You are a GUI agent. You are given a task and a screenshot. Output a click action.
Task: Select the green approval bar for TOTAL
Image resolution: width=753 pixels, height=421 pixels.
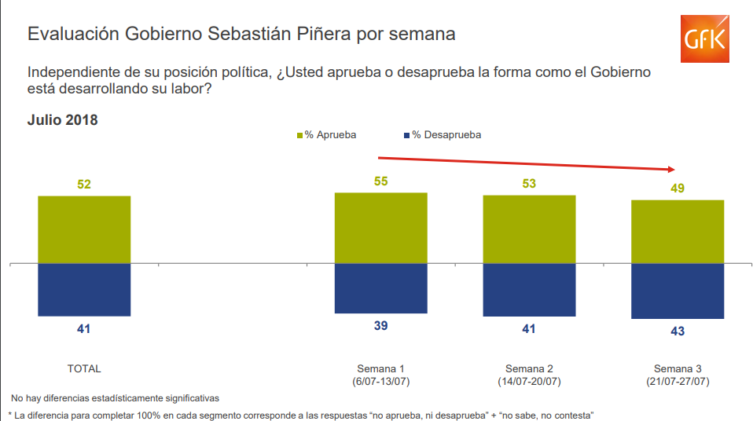click(84, 229)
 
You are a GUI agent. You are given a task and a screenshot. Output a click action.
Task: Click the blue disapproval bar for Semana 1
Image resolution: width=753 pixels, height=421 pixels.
click(380, 288)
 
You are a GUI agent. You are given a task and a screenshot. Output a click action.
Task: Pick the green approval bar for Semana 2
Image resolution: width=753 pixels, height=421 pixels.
click(529, 229)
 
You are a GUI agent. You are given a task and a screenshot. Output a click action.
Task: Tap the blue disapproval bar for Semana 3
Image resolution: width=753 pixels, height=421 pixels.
click(678, 291)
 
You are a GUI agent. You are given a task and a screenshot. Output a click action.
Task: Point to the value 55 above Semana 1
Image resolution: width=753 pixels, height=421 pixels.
click(380, 181)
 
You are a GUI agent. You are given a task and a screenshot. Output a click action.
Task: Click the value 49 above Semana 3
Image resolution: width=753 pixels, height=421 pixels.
click(678, 189)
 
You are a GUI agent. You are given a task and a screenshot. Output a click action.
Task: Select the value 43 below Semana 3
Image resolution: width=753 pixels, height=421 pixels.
click(678, 331)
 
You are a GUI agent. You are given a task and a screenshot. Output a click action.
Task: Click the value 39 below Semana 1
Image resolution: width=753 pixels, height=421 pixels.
click(380, 326)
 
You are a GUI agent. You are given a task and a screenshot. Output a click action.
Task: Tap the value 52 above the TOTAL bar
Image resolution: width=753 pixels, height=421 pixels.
click(84, 185)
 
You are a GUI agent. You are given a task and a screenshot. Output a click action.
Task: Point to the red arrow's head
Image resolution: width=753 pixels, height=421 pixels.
click(672, 169)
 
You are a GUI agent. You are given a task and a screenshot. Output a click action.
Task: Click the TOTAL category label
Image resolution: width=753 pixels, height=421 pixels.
click(84, 368)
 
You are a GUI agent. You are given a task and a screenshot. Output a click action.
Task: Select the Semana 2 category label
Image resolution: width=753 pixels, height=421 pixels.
click(529, 368)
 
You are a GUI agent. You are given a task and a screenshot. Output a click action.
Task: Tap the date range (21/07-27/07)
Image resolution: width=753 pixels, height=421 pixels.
click(678, 382)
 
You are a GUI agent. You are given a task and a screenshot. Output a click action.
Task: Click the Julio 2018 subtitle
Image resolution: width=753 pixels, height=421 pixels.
click(63, 120)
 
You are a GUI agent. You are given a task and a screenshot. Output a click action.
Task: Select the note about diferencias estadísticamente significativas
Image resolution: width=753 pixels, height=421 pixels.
click(115, 398)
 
